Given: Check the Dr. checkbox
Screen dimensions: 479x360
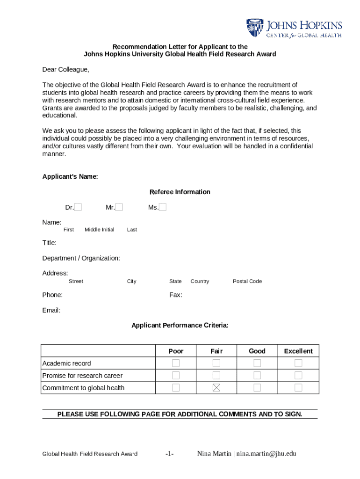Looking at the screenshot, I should [x=78, y=207].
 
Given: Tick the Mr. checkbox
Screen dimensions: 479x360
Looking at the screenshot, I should [x=119, y=207].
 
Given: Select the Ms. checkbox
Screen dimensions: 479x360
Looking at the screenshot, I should [x=163, y=207].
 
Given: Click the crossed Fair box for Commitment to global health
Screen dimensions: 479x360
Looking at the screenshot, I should [x=216, y=387].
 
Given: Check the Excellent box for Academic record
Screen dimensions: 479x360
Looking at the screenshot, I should [x=298, y=363].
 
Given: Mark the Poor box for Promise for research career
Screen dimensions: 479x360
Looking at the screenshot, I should [x=176, y=375].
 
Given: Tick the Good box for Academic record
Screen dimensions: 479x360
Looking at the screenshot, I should [x=257, y=363].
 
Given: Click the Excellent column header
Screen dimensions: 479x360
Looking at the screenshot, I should [x=298, y=351].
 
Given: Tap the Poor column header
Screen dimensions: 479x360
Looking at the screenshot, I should [x=176, y=351].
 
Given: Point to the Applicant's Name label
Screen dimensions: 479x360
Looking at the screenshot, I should [x=70, y=176].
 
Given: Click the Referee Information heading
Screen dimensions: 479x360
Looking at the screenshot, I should [x=180, y=192].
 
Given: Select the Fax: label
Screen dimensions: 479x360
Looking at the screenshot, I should [x=176, y=295].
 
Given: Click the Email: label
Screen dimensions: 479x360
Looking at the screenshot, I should [x=51, y=310].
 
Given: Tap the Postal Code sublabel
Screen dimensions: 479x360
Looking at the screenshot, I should [x=247, y=281].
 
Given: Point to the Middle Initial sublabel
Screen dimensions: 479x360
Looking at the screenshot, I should [x=99, y=230].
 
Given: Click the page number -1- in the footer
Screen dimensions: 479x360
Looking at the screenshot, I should [x=170, y=453].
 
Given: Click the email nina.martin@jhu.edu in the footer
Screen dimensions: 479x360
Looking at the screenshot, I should [x=266, y=453].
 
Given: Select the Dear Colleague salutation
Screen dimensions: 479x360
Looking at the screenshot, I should [x=65, y=70].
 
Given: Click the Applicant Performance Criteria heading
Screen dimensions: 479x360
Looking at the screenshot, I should [x=180, y=325].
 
